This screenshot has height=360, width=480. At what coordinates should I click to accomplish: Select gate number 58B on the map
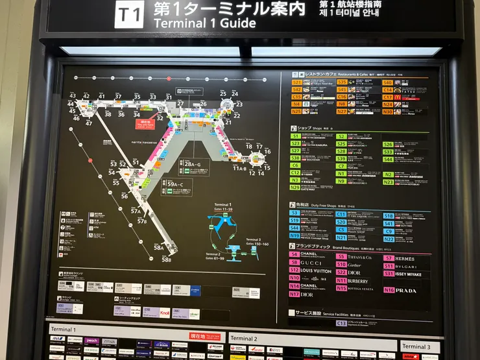(x=167, y=259)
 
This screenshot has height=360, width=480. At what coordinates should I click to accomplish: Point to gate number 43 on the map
(x=73, y=96)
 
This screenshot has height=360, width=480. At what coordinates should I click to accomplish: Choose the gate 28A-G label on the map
(x=193, y=164)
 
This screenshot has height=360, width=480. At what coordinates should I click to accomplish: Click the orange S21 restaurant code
(x=296, y=83)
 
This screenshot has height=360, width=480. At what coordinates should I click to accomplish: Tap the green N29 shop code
(x=295, y=187)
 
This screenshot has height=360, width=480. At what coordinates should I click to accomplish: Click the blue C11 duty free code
(x=341, y=213)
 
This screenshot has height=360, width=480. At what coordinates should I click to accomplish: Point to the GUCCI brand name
(x=311, y=263)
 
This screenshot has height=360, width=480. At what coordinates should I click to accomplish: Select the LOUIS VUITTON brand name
(x=316, y=270)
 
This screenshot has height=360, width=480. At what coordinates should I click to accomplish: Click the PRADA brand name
(x=406, y=291)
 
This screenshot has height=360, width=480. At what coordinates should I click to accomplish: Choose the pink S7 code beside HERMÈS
(x=389, y=258)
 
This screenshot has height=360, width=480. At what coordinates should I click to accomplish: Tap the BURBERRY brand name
(x=358, y=281)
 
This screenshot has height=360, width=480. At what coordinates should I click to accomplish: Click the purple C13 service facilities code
(x=341, y=322)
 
